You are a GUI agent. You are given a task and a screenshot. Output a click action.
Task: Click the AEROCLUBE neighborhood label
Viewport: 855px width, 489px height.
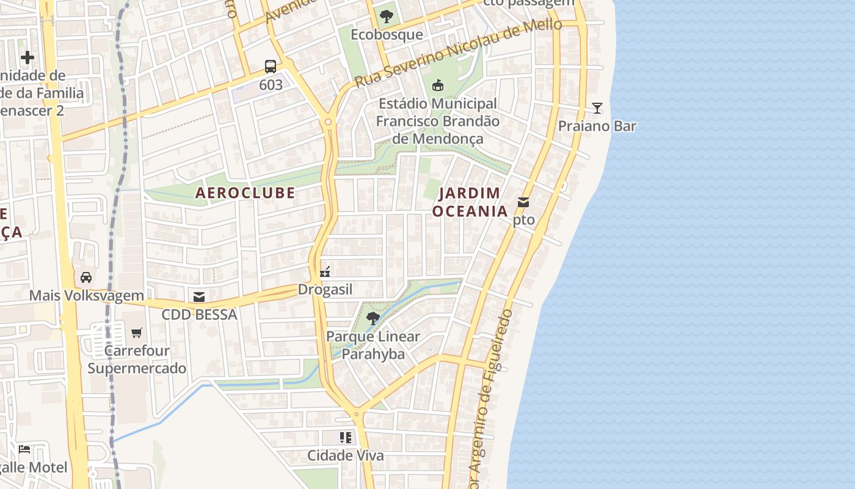point(245,193)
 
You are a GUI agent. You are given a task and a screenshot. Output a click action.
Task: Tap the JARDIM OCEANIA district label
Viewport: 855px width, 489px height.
point(470,202)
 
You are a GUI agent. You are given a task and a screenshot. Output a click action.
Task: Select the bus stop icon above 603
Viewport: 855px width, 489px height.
point(271,67)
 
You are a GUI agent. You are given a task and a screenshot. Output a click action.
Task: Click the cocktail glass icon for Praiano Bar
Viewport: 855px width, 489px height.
point(597,108)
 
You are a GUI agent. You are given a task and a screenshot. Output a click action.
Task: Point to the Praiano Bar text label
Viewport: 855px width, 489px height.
point(597,127)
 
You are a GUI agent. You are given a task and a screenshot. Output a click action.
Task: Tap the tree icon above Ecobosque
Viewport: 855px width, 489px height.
point(386,17)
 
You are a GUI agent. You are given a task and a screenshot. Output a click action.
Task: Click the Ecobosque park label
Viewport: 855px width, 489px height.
point(386,34)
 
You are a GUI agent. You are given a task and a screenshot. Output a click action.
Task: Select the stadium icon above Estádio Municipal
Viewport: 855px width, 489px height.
point(437,86)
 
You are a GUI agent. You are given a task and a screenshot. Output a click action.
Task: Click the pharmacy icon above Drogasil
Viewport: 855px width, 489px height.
point(325,271)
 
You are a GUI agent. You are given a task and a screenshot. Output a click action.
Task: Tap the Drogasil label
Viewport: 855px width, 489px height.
point(325,290)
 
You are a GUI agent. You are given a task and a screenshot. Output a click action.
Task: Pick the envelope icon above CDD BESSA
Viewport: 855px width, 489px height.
point(199,297)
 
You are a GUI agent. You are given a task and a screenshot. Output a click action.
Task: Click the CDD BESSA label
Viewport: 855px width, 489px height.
point(199,315)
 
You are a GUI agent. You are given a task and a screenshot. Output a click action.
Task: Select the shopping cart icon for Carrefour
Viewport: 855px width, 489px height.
point(137,333)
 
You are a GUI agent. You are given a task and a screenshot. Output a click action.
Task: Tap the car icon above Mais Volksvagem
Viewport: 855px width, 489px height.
point(86,278)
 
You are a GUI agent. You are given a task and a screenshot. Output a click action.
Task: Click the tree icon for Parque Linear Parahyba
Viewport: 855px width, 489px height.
point(373,318)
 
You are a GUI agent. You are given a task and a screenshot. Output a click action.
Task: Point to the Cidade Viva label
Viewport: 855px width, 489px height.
point(346,455)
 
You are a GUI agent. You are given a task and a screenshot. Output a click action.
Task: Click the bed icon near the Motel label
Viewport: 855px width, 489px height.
point(24,449)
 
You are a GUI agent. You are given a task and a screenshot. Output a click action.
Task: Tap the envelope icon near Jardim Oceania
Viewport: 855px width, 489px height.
point(523,202)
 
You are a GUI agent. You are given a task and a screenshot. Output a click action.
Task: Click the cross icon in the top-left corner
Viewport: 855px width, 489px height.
point(27,58)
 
